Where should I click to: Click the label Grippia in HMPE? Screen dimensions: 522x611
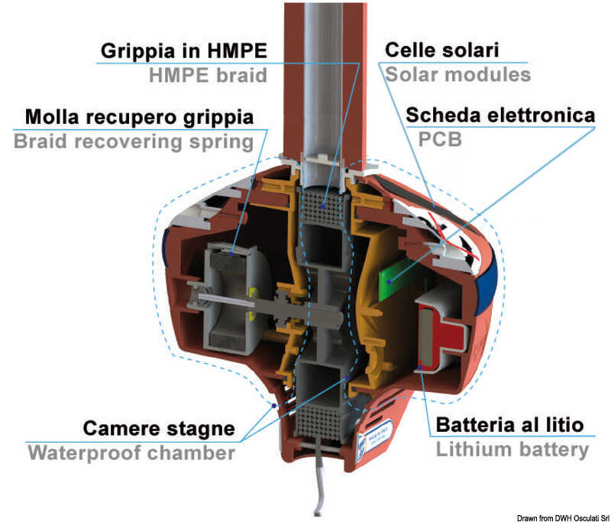pyautogui.click(x=183, y=51)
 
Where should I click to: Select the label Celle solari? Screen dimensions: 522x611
pyautogui.click(x=441, y=51)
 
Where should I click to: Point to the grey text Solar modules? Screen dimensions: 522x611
pyautogui.click(x=457, y=75)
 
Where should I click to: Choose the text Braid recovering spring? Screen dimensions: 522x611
pyautogui.click(x=134, y=141)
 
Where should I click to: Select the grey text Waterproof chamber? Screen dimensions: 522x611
pyautogui.click(x=131, y=452)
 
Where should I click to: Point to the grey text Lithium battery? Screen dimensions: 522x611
pyautogui.click(x=512, y=449)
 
